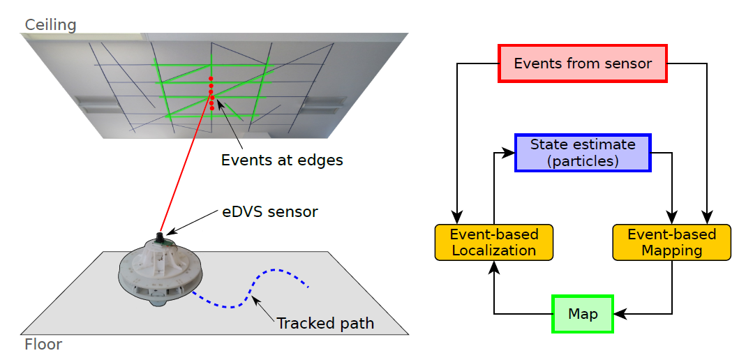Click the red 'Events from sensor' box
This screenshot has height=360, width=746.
click(583, 63)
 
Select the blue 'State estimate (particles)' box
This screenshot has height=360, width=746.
click(583, 153)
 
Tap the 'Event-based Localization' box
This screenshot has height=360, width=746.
click(493, 242)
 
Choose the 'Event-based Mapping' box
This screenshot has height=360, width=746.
click(671, 242)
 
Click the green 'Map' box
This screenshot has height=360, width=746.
click(583, 314)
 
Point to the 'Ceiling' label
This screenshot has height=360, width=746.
click(50, 25)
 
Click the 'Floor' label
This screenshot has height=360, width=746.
click(43, 345)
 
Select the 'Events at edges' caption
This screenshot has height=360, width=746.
click(282, 160)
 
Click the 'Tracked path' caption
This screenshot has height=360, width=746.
click(325, 324)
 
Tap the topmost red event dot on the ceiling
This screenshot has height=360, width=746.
click(211, 78)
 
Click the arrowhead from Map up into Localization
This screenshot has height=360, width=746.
click(493, 266)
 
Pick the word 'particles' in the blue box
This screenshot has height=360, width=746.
click(583, 160)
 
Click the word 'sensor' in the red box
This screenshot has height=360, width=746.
click(629, 63)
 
